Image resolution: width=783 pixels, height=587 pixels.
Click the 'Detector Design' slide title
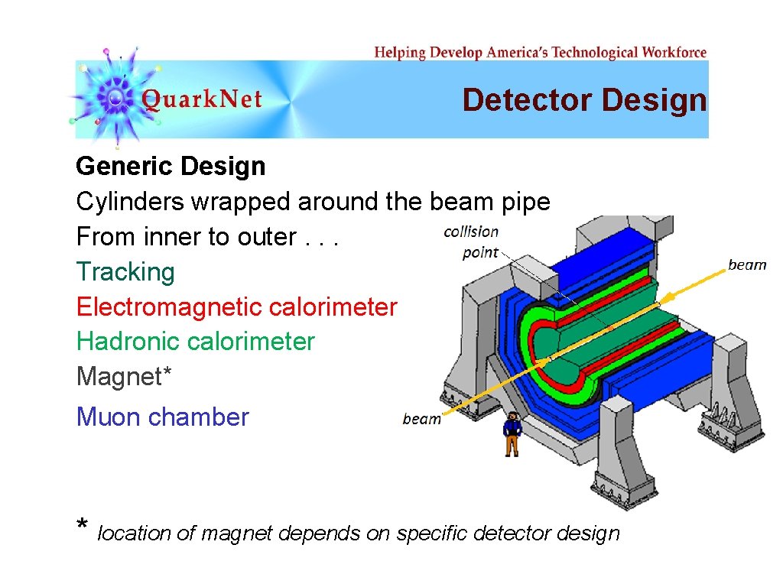(x=584, y=100)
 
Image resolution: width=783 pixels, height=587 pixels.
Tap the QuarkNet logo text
(x=202, y=100)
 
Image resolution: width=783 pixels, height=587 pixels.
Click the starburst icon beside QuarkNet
(x=115, y=97)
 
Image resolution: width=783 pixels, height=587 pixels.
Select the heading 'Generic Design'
(x=171, y=166)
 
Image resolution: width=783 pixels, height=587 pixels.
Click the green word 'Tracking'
(x=125, y=272)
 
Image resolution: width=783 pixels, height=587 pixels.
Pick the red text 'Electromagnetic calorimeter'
(x=236, y=307)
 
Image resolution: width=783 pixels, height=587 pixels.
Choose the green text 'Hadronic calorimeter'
(x=195, y=342)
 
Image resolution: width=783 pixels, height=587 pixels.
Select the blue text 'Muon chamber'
(x=162, y=417)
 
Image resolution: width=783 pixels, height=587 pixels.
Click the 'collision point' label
(x=471, y=242)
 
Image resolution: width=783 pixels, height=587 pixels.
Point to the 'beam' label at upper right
(x=747, y=265)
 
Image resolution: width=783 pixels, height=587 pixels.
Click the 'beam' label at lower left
(x=421, y=419)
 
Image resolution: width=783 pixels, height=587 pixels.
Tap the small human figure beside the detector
(x=512, y=433)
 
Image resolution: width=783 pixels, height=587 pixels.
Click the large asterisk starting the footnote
(x=83, y=527)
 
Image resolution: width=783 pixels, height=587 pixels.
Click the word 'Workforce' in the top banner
(x=674, y=53)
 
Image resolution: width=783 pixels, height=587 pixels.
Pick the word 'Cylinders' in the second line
(x=130, y=202)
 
